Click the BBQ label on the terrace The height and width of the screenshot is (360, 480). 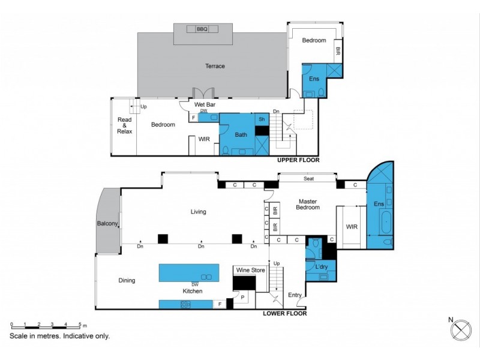coord(201,29)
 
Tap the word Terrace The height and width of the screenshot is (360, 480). coord(215,66)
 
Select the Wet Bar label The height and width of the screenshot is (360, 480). coord(205,104)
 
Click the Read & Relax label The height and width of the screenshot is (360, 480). coord(125,125)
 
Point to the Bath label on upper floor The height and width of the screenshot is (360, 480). coord(241,135)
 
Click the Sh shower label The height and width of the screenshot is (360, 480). coord(262,119)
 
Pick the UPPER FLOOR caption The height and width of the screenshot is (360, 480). coord(298,161)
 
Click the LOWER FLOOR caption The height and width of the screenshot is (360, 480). coord(285,313)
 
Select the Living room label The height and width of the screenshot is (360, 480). coord(198,212)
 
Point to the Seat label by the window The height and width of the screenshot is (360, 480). coord(309,178)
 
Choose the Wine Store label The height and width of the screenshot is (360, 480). coord(250,271)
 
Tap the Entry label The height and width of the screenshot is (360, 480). coord(295,295)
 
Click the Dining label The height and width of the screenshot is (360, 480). coord(127,280)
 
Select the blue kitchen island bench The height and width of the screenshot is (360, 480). coord(194,273)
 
